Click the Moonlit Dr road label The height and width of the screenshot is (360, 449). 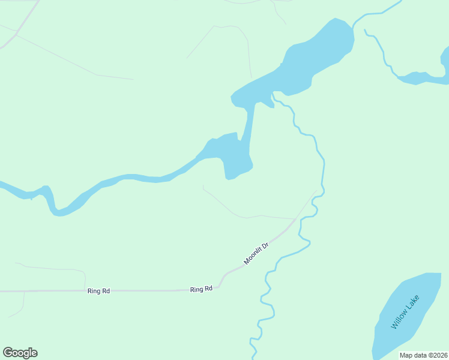click(x=256, y=254)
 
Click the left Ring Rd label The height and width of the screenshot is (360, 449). click(x=98, y=291)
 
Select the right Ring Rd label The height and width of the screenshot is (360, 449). click(x=202, y=289)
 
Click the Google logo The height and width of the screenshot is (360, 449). click(x=20, y=353)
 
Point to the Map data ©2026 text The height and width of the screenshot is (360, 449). click(x=423, y=355)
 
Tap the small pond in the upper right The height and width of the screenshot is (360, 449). click(x=420, y=78)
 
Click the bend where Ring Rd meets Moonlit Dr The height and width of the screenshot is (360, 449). click(x=221, y=281)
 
